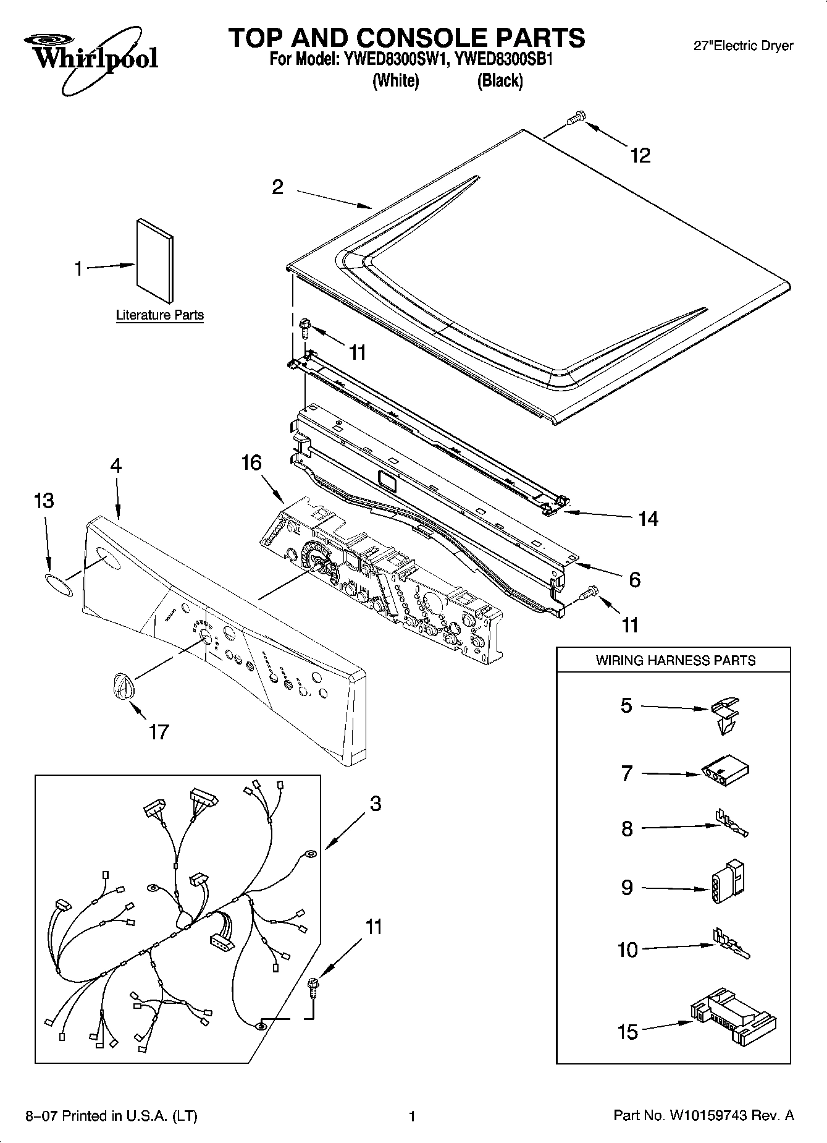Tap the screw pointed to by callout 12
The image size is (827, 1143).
[576, 118]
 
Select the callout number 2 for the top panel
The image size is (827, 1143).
[278, 187]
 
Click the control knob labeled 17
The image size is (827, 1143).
[123, 687]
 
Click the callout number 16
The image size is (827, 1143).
[251, 462]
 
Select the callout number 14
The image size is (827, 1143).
[648, 519]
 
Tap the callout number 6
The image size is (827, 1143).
[634, 579]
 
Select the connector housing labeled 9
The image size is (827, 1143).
[729, 883]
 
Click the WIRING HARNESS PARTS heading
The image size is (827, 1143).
[675, 660]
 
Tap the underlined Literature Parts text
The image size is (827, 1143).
[160, 315]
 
